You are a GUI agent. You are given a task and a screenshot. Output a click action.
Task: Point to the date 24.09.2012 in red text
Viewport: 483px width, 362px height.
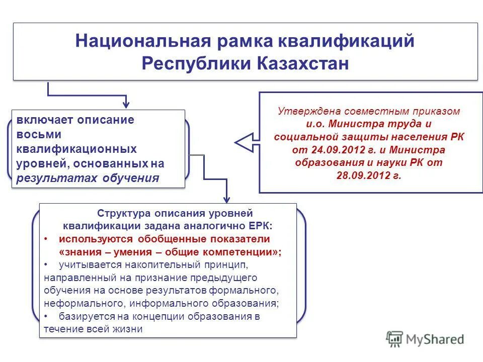328,150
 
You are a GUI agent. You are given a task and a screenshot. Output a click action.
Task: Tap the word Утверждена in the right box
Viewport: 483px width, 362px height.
306,112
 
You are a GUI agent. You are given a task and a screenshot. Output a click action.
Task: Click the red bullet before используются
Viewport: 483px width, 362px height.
46,239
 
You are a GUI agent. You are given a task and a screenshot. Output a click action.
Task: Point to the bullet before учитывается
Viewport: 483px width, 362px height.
46,264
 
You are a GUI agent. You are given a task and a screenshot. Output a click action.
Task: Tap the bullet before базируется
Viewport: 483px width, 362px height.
46,317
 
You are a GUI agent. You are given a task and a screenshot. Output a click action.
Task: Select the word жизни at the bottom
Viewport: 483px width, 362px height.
130,329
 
